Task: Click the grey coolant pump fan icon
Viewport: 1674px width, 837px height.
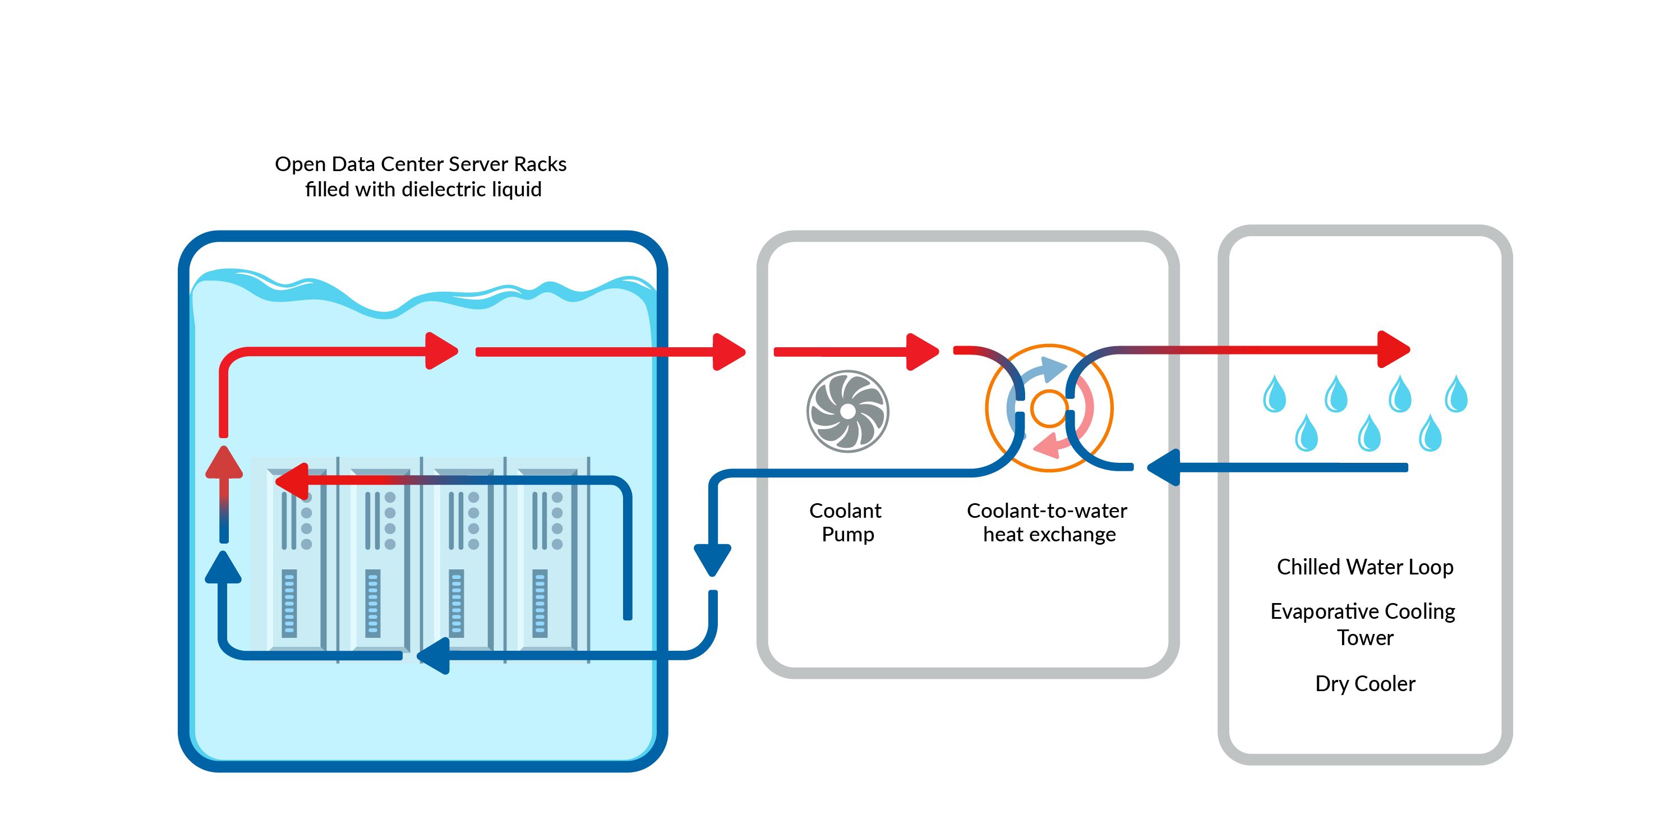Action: click(847, 411)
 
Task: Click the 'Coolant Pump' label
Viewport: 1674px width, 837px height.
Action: click(846, 522)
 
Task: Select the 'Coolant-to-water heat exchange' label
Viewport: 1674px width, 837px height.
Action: click(1047, 522)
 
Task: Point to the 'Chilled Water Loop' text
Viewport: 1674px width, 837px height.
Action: click(1364, 567)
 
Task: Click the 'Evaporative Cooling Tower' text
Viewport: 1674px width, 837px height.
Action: click(1363, 624)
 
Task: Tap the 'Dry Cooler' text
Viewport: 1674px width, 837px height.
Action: click(1364, 684)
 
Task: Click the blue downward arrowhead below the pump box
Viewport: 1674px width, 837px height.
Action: click(712, 559)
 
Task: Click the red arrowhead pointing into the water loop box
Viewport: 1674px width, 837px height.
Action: click(1392, 349)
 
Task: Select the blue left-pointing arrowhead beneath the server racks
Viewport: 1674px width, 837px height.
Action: click(434, 656)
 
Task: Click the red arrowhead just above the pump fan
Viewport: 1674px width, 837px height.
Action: click(921, 352)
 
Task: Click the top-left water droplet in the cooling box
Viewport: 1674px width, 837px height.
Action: click(1274, 395)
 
